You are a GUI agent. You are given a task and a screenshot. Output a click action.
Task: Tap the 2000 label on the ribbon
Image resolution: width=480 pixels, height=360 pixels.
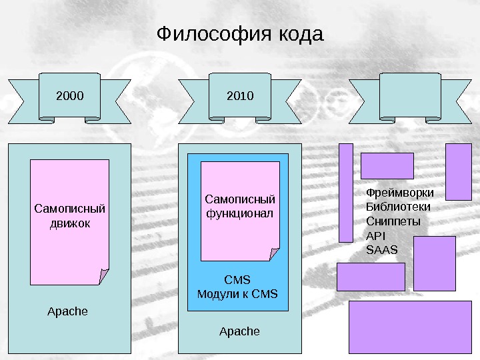pos(70,96)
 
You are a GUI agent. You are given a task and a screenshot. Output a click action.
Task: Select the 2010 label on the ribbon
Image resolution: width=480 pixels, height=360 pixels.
pos(240,96)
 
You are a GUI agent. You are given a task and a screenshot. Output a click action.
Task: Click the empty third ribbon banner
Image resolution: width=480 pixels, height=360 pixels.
pos(409,97)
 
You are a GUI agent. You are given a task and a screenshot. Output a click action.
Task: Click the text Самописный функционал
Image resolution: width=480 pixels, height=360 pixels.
pos(240,206)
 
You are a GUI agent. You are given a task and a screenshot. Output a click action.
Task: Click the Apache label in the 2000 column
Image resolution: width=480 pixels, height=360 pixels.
pos(68,311)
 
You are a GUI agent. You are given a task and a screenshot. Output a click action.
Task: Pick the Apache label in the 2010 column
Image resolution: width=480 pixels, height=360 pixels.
pos(239,331)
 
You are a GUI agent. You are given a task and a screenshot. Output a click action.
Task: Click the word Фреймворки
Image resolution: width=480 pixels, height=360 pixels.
pos(400,193)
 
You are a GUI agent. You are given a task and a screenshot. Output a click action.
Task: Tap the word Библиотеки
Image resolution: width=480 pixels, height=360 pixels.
pos(399,207)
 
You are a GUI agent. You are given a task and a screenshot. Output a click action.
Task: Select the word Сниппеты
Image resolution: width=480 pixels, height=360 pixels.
pos(393,221)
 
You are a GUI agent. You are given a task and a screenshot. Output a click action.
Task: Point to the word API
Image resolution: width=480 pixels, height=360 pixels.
pos(376,236)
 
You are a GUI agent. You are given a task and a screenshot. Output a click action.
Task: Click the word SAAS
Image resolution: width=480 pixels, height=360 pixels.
pos(382,250)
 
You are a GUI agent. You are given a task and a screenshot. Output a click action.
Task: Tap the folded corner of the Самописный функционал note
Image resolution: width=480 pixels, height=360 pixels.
pos(275,254)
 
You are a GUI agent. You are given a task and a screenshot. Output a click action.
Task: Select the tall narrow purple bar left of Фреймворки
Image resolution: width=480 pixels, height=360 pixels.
pos(346,193)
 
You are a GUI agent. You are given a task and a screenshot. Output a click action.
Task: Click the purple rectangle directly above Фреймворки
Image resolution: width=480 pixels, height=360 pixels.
pos(387,166)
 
